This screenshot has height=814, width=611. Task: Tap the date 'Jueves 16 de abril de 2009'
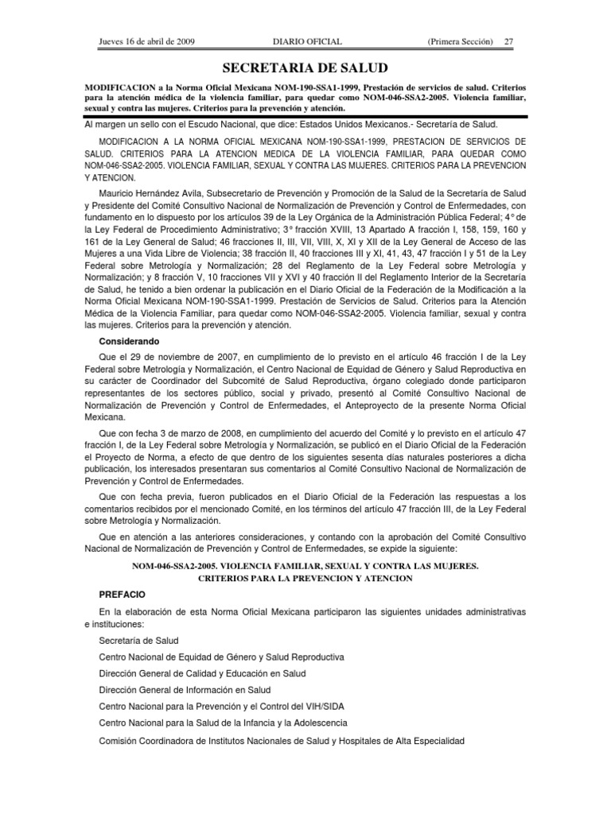pos(147,41)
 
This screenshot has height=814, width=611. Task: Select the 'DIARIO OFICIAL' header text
pos(306,41)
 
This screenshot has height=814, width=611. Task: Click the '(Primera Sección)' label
pos(460,41)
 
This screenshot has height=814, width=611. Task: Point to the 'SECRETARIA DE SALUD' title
pos(305,68)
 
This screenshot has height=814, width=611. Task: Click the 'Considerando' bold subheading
pos(129,341)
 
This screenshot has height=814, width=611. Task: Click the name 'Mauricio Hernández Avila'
pos(150,193)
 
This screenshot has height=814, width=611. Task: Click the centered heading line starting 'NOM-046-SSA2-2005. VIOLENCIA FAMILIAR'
pos(305,565)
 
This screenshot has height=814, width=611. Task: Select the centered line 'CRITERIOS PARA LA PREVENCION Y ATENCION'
pos(305,578)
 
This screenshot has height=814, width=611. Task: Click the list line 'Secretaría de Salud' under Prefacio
pos(138,640)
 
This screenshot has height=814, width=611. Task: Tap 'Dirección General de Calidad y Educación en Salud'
pos(202,674)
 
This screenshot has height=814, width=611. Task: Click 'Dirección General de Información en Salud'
pos(185,690)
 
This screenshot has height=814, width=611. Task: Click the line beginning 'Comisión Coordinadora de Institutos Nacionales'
pos(281,741)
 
